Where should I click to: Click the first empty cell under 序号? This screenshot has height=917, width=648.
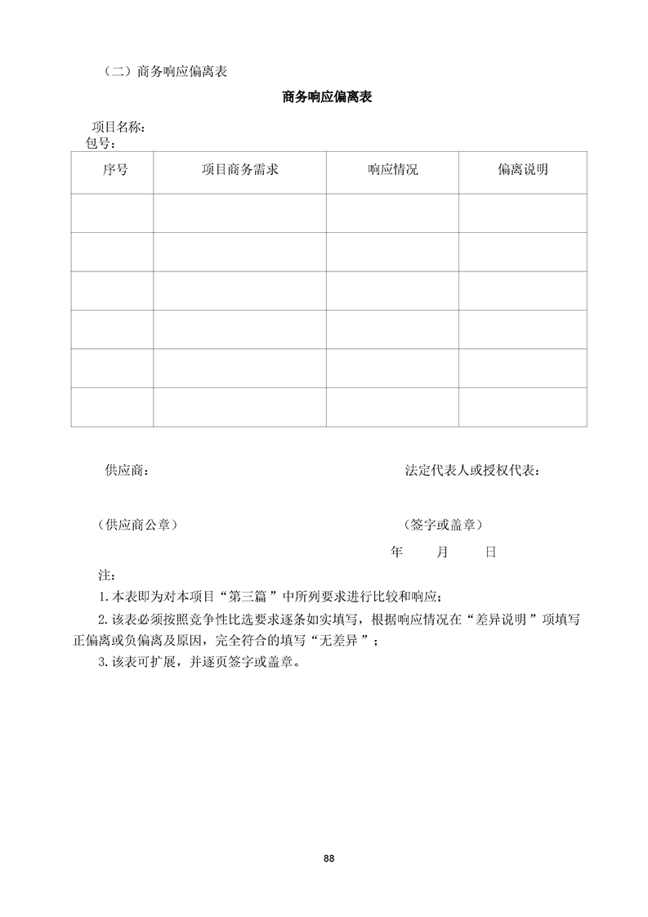[x=112, y=213]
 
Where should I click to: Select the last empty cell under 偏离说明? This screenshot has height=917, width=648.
[x=522, y=407]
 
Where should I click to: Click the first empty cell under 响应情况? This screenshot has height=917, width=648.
[x=392, y=213]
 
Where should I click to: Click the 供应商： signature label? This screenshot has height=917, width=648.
[x=127, y=471]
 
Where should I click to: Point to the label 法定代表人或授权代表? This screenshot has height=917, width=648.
[x=471, y=471]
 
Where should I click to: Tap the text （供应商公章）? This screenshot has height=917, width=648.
[x=137, y=525]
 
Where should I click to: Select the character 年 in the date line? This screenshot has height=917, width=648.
[x=397, y=552]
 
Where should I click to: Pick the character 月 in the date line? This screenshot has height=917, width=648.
[x=442, y=552]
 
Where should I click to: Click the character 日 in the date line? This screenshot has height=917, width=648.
[x=490, y=552]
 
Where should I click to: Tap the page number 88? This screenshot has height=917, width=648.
[x=328, y=858]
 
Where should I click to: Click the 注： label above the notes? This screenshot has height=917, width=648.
[x=104, y=576]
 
